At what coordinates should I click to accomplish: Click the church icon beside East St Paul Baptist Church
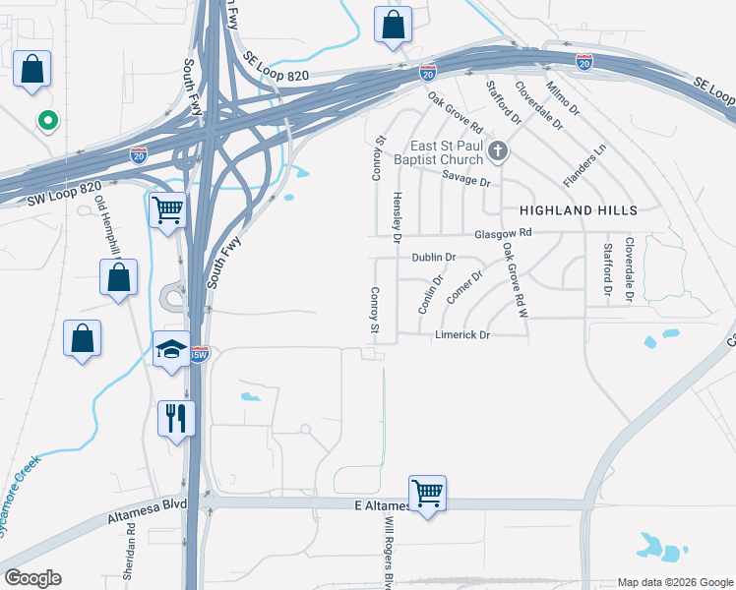499,152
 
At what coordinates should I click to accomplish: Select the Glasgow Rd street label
503,233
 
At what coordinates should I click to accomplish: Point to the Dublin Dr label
435,257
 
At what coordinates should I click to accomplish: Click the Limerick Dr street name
461,334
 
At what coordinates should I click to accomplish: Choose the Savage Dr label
466,181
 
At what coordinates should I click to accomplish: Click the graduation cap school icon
171,350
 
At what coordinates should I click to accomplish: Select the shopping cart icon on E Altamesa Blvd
427,493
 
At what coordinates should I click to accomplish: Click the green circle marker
45,121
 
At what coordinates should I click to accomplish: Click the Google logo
32,578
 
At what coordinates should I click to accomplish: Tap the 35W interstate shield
199,355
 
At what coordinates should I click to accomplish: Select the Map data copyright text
675,582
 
